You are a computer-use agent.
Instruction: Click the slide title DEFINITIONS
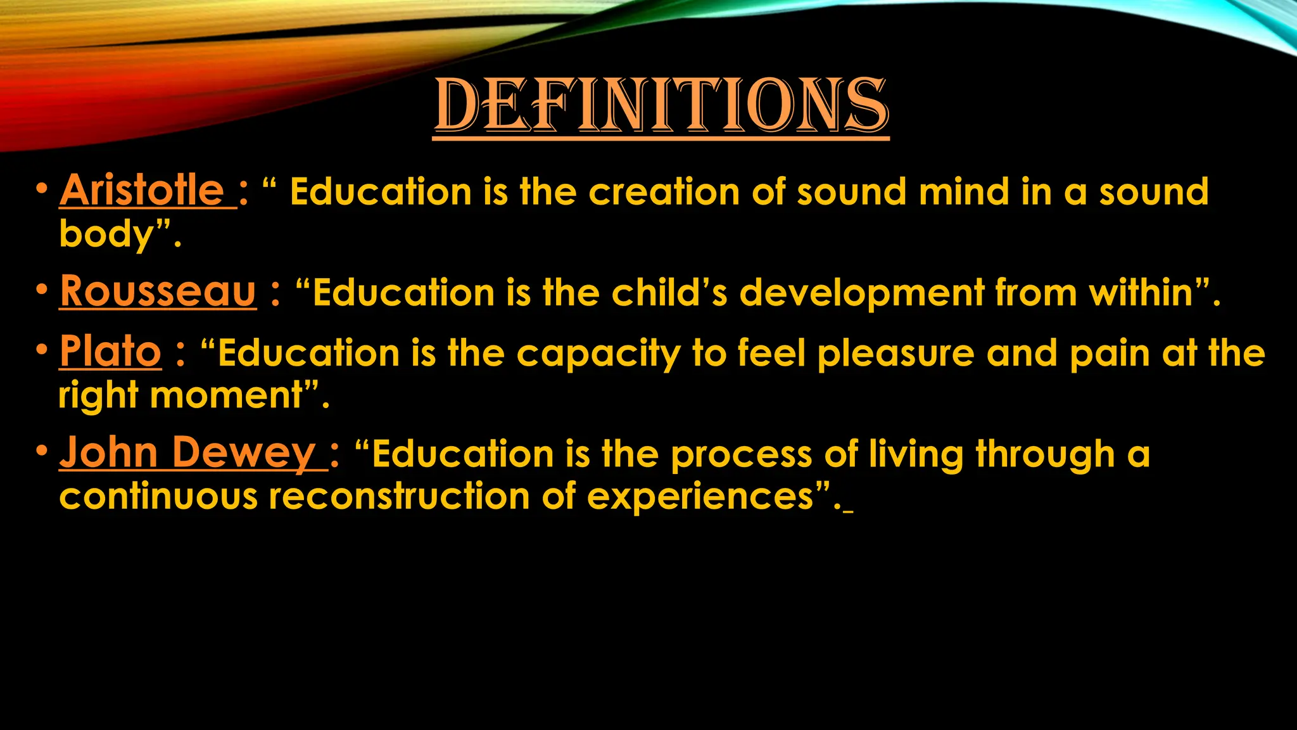[x=661, y=106]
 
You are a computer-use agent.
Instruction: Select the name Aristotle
[x=142, y=190]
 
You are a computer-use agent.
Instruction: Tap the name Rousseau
[x=158, y=291]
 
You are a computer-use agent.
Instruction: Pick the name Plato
[x=110, y=351]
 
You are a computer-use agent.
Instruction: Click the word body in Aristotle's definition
[x=106, y=234]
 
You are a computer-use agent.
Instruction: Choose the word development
[x=861, y=294]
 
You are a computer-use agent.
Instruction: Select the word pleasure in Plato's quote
[x=896, y=354]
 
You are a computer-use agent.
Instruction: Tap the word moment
[x=227, y=395]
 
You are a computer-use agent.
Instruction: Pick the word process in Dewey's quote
[x=741, y=456]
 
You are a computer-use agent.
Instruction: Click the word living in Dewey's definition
[x=916, y=456]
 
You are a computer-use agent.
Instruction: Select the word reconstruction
[x=399, y=496]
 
